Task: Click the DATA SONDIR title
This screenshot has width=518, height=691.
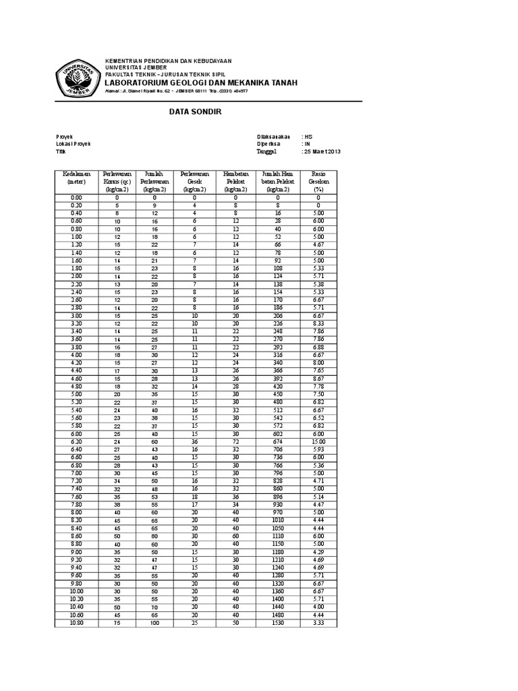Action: [x=195, y=112]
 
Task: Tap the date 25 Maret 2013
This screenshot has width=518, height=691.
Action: [x=323, y=152]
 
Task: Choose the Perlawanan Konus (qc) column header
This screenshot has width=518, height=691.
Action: [x=117, y=182]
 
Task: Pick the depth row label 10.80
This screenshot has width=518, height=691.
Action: [x=76, y=622]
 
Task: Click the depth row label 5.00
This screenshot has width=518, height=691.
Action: [x=76, y=393]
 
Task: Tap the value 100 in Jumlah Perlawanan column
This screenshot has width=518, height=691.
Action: [x=154, y=622]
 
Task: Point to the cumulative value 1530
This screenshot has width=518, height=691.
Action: [x=277, y=622]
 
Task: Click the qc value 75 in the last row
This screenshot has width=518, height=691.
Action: [x=117, y=622]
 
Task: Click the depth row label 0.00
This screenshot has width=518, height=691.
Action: [x=76, y=197]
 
